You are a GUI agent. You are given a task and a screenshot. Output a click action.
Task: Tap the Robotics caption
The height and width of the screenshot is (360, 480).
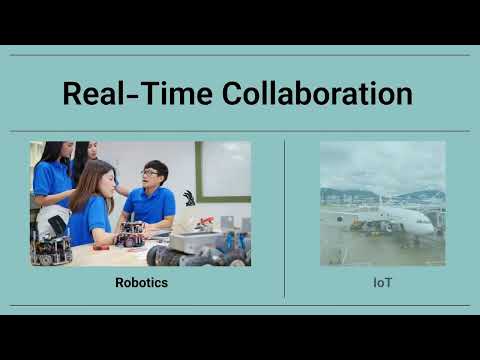[x=141, y=283]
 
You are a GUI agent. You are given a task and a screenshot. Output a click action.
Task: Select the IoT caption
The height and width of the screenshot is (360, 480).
[x=382, y=283]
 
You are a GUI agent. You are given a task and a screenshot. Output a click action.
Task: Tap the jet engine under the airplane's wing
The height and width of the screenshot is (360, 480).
[x=386, y=227]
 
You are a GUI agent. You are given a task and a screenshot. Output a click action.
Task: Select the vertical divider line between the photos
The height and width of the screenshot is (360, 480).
[x=285, y=218]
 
